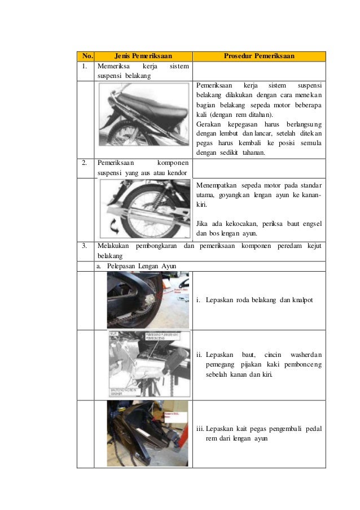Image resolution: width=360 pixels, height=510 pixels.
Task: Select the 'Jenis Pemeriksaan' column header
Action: pyautogui.click(x=143, y=56)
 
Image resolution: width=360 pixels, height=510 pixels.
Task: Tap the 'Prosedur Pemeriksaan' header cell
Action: pyautogui.click(x=259, y=56)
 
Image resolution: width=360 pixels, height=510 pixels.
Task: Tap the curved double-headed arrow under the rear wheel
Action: pyautogui.click(x=114, y=226)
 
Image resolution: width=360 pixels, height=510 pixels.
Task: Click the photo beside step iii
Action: pyautogui.click(x=148, y=434)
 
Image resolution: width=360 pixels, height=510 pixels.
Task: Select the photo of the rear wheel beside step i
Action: pyautogui.click(x=148, y=300)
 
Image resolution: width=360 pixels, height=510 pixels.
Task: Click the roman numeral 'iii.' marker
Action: pyautogui.click(x=200, y=429)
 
